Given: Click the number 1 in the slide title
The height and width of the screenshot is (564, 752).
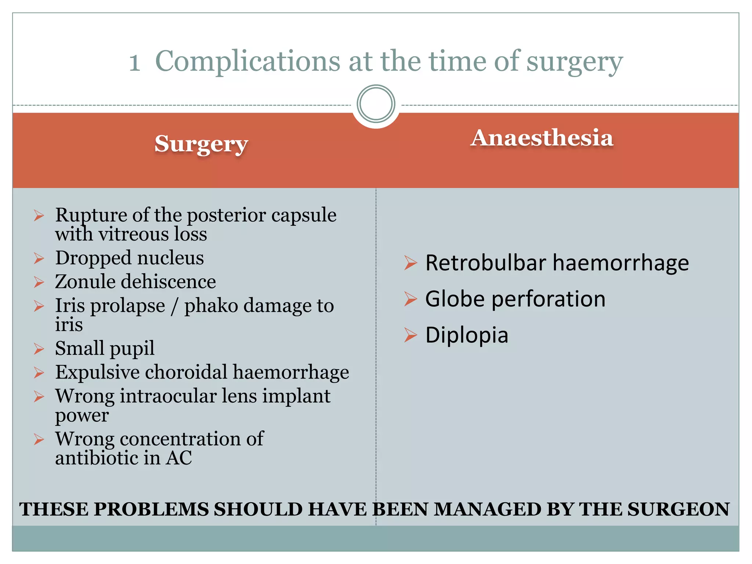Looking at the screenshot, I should pos(135,62).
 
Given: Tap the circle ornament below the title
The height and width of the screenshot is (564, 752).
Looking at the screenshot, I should pos(376,104).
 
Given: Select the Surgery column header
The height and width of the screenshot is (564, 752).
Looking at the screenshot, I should pos(201,144).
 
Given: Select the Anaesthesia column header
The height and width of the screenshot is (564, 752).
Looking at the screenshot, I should pos(542,138).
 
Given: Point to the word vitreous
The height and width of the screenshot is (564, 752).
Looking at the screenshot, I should pos(134,234).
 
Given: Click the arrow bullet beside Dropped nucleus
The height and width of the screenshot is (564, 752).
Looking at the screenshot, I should pos(39,258).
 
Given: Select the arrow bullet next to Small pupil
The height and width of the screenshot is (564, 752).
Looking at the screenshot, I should pos(39,348).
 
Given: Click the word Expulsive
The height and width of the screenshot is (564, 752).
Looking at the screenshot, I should pos(97,372).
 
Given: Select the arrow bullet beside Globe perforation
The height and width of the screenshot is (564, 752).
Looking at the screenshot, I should pos(411,299).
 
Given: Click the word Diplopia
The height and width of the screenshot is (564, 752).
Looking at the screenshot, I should pos(466,335).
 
